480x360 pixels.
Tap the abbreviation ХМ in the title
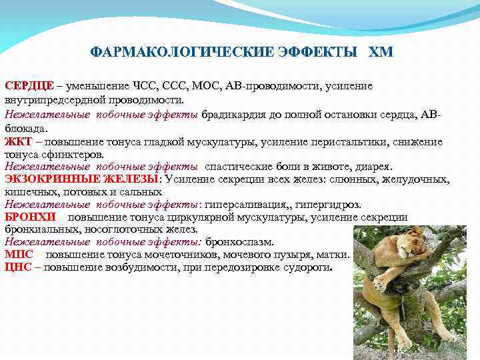(381, 51)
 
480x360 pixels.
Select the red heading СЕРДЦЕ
(29, 87)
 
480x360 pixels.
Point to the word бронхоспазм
(239, 242)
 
